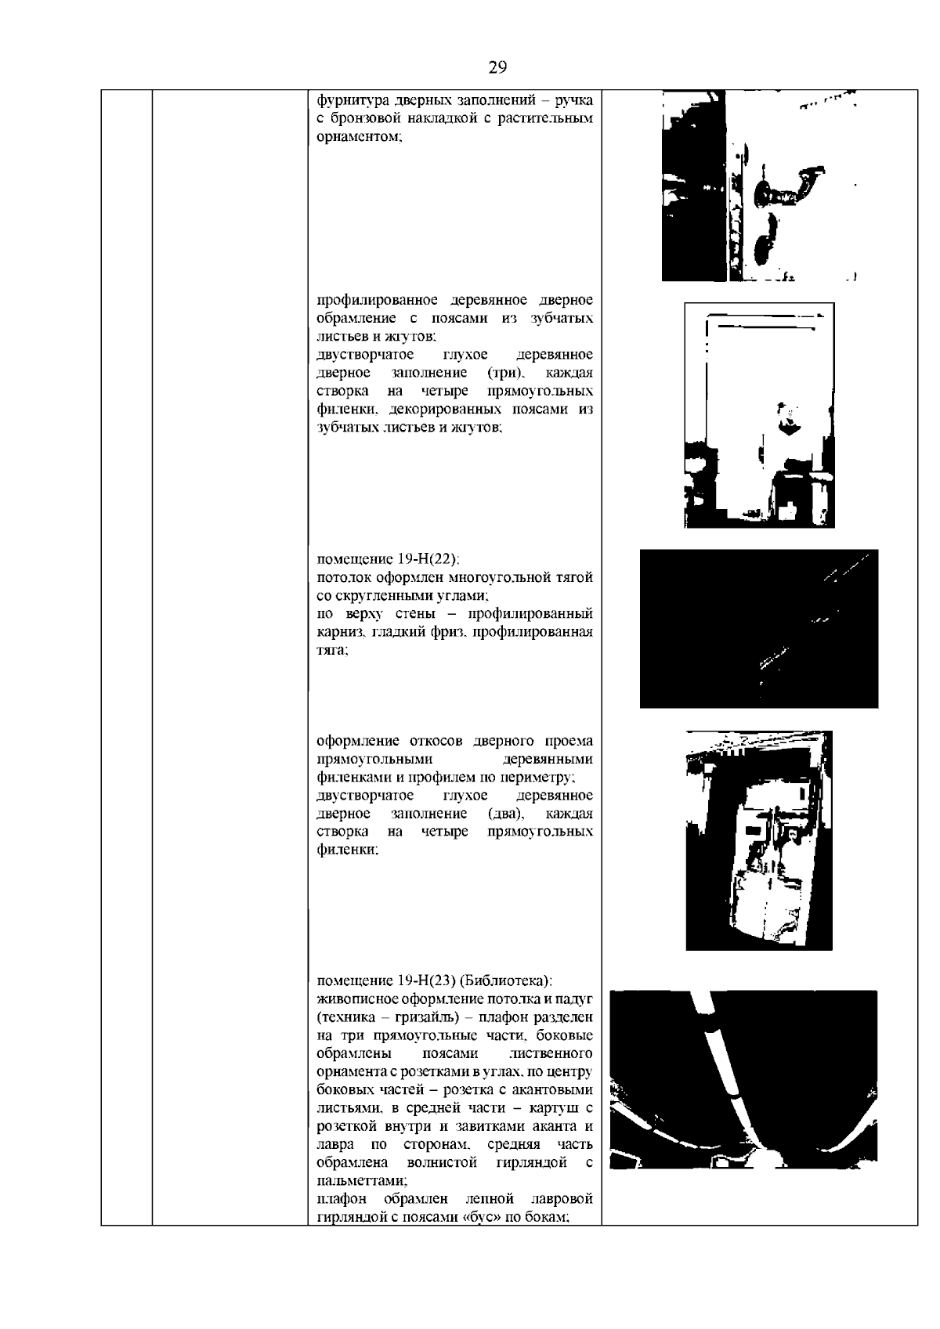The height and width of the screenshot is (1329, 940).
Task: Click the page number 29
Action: [497, 67]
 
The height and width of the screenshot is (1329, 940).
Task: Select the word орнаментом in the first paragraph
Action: [359, 137]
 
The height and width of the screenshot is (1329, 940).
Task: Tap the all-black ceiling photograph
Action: [758, 629]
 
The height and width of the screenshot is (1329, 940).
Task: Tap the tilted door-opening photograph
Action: [758, 840]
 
